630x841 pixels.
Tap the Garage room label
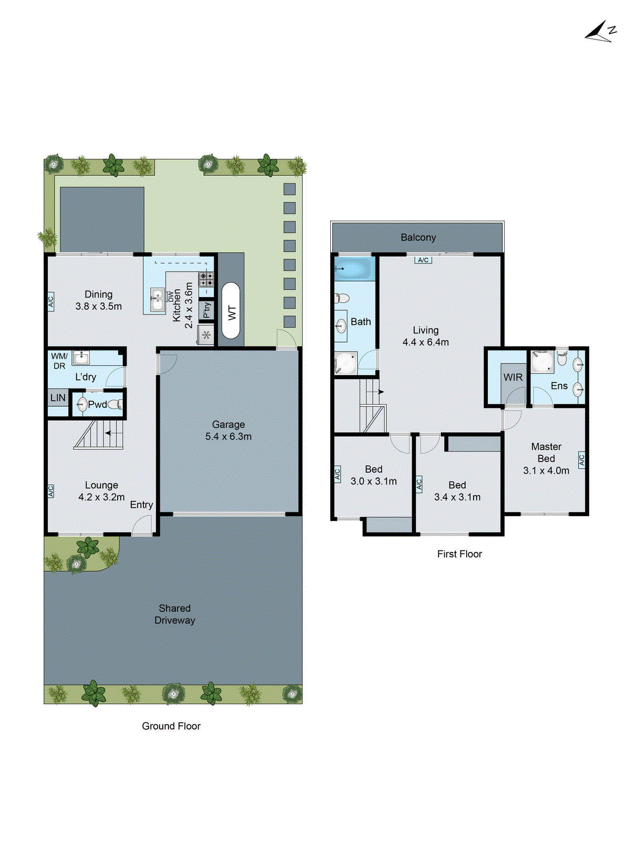[x=228, y=424]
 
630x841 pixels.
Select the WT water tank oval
[x=232, y=311]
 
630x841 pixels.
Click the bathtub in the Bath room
[x=354, y=268]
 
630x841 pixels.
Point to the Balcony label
[x=418, y=238]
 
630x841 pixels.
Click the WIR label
[x=512, y=377]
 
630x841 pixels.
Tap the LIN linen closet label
[x=58, y=398]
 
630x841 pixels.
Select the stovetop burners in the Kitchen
[x=206, y=278]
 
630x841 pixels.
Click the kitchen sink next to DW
[x=157, y=300]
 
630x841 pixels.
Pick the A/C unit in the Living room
[x=423, y=260]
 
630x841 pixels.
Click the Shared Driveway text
[x=175, y=614]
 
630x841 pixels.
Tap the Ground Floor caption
[x=171, y=726]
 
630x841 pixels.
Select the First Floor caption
[x=459, y=554]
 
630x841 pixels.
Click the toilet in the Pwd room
[x=119, y=404]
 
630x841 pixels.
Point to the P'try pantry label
[x=207, y=310]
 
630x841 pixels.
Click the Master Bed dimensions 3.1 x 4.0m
[x=546, y=470]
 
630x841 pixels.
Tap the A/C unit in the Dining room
[x=51, y=302]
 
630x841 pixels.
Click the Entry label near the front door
[x=141, y=505]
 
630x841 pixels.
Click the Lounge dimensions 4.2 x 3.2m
[x=101, y=497]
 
